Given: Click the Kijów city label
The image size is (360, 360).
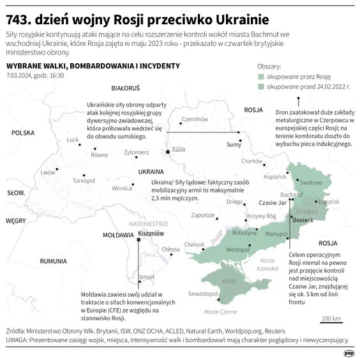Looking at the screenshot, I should [x=178, y=148].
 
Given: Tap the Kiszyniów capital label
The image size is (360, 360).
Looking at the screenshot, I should [x=151, y=235].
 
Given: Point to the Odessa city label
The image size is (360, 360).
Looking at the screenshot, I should [x=170, y=249].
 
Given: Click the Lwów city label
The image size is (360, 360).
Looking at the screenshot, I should [x=48, y=172].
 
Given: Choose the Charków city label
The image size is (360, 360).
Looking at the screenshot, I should [x=252, y=161].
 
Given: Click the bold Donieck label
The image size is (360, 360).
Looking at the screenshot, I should [x=303, y=220].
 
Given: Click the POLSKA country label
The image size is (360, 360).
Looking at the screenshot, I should [x=22, y=133].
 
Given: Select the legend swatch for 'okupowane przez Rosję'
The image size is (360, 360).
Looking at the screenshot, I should [x=261, y=75].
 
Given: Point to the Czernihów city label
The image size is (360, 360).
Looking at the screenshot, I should [x=195, y=119].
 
